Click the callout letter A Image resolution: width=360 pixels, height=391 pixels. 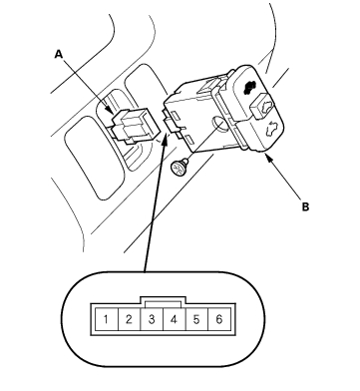(x=59, y=54)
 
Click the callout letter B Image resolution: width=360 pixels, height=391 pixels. (x=305, y=206)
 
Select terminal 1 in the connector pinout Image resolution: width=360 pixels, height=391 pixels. (x=106, y=319)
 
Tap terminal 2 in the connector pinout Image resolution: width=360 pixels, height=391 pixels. (x=129, y=319)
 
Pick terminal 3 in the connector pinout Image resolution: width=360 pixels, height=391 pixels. (x=152, y=319)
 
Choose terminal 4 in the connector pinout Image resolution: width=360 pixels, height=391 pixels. (x=175, y=319)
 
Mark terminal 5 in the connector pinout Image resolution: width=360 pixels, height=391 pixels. (x=196, y=319)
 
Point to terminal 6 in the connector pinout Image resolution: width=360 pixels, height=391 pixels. (x=219, y=319)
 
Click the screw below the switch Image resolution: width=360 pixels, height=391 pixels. (x=180, y=167)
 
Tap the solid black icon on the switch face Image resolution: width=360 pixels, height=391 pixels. (x=250, y=88)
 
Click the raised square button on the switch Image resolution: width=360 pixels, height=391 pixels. (x=262, y=107)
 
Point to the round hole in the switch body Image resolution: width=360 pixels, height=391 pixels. (x=219, y=124)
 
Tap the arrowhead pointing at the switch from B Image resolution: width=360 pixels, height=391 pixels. (x=268, y=158)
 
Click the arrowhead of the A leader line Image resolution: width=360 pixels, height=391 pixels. (x=110, y=110)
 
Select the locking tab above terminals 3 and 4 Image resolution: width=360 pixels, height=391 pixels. (x=163, y=300)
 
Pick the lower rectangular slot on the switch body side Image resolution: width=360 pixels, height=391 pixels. (x=189, y=139)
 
